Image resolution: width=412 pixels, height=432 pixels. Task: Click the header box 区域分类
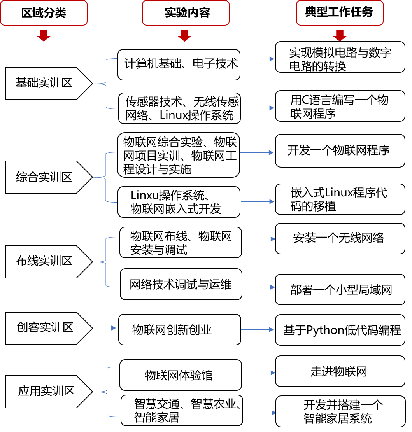pos(44,13)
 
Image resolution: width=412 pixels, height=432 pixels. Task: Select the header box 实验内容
pos(186,13)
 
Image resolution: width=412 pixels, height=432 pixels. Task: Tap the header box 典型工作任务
pos(340,12)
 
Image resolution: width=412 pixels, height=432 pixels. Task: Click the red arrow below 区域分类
pos(44,35)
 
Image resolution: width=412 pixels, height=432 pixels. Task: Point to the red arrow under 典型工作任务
pos(340,35)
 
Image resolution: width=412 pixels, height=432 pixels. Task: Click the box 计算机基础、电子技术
pos(179,64)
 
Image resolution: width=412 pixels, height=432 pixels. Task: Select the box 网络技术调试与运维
pos(181,284)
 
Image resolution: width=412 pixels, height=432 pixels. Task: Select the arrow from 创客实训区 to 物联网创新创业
pos(104,328)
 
